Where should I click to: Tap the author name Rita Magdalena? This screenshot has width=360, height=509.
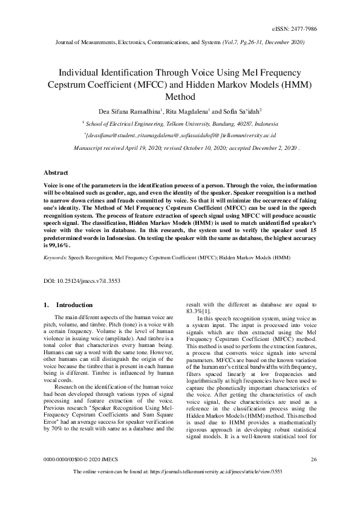(183, 111)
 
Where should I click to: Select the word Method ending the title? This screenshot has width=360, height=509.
(180, 96)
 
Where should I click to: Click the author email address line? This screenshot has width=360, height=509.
(180, 135)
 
